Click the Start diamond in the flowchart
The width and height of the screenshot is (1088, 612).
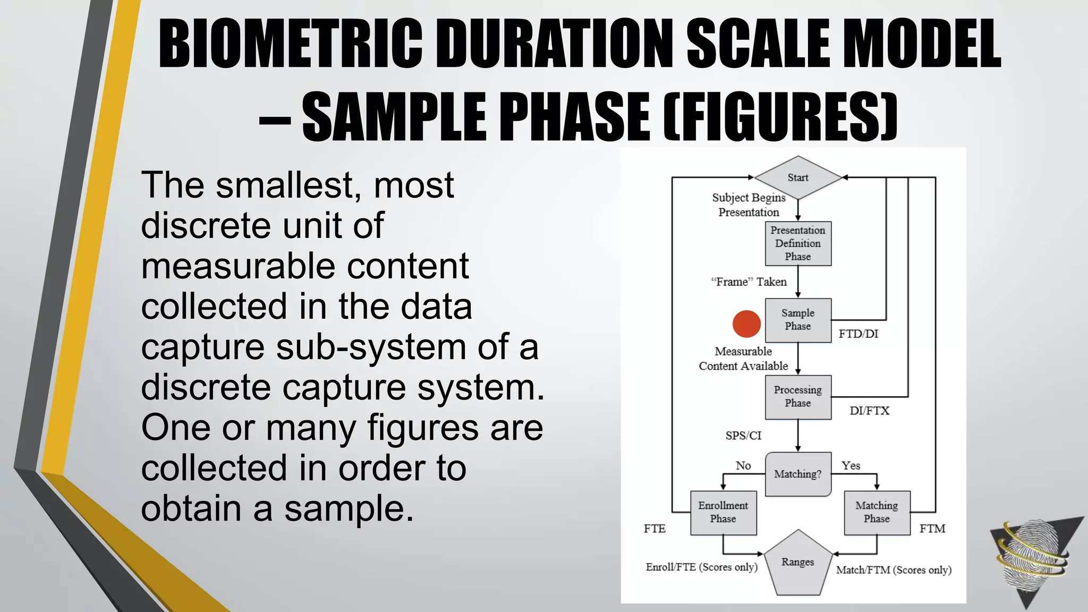[797, 177]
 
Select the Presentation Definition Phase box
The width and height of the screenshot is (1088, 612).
[797, 243]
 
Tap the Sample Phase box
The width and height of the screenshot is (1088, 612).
[797, 320]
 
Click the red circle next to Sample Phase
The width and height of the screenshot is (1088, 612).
[746, 324]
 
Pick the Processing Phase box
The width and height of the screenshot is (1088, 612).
[797, 397]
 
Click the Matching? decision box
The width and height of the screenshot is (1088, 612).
[797, 474]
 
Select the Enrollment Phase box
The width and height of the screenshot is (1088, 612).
[723, 512]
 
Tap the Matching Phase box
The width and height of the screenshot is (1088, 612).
[877, 512]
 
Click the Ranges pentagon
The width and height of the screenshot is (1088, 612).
[797, 563]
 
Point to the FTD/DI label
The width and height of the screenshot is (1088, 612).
[858, 334]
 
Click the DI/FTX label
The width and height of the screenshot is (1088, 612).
[869, 411]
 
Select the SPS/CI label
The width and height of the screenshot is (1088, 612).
[743, 436]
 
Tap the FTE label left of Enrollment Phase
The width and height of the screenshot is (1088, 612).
[654, 529]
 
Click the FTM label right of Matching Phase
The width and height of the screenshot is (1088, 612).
[932, 529]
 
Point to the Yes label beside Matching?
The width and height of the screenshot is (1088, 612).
[851, 466]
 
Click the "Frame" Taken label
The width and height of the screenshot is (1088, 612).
[749, 282]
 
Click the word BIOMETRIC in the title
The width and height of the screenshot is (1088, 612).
[291, 45]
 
